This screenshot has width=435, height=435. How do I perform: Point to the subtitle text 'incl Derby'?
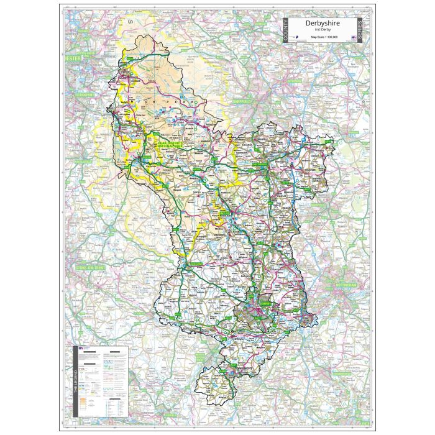pos(322,30)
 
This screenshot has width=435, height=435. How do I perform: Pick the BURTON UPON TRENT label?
pos(205,348)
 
